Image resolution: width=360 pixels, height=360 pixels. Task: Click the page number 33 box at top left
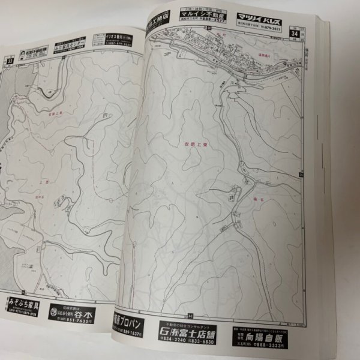click(10, 59)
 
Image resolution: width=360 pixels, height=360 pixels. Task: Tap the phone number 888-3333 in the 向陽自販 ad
click(267, 347)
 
